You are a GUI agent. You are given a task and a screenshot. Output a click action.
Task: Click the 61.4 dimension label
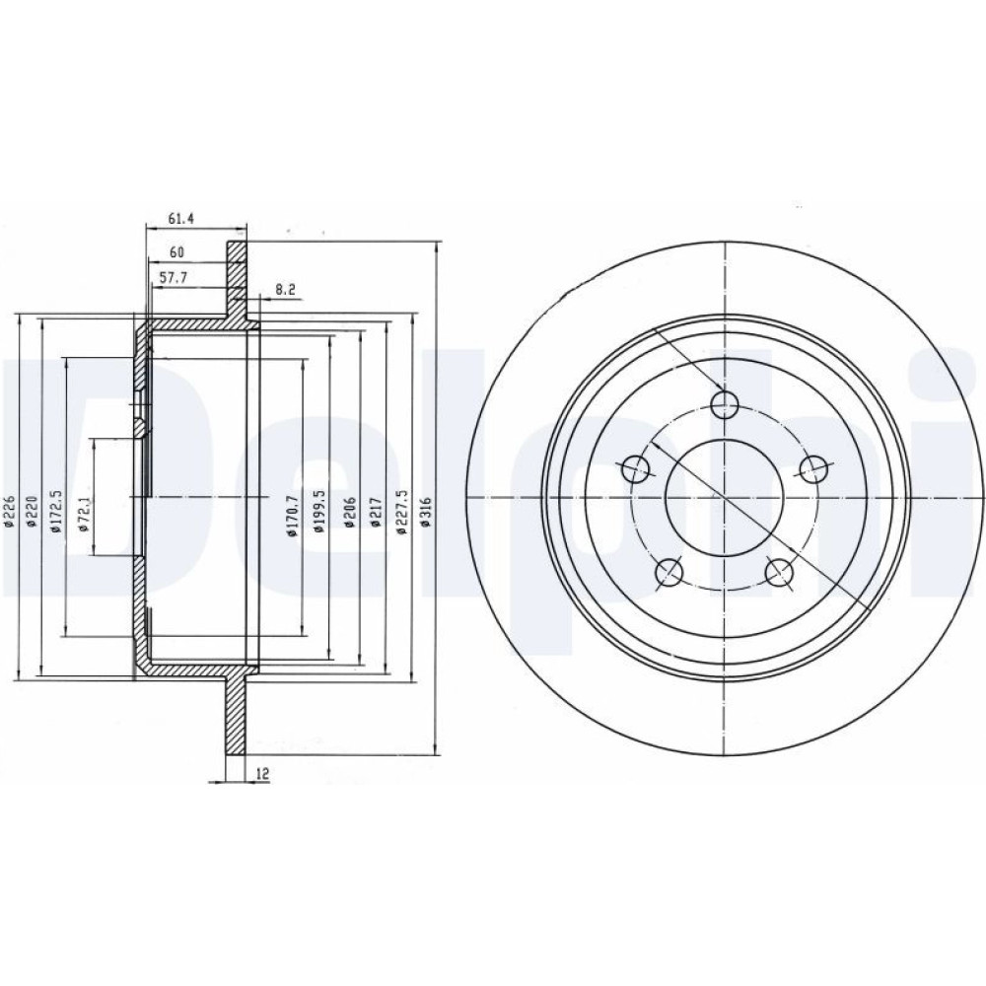coord(180,220)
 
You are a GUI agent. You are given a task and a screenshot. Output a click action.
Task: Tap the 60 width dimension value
coord(176,252)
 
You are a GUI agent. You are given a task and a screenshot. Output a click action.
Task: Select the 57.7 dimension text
coord(176,276)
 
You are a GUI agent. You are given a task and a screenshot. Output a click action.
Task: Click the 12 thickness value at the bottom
coord(262,774)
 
